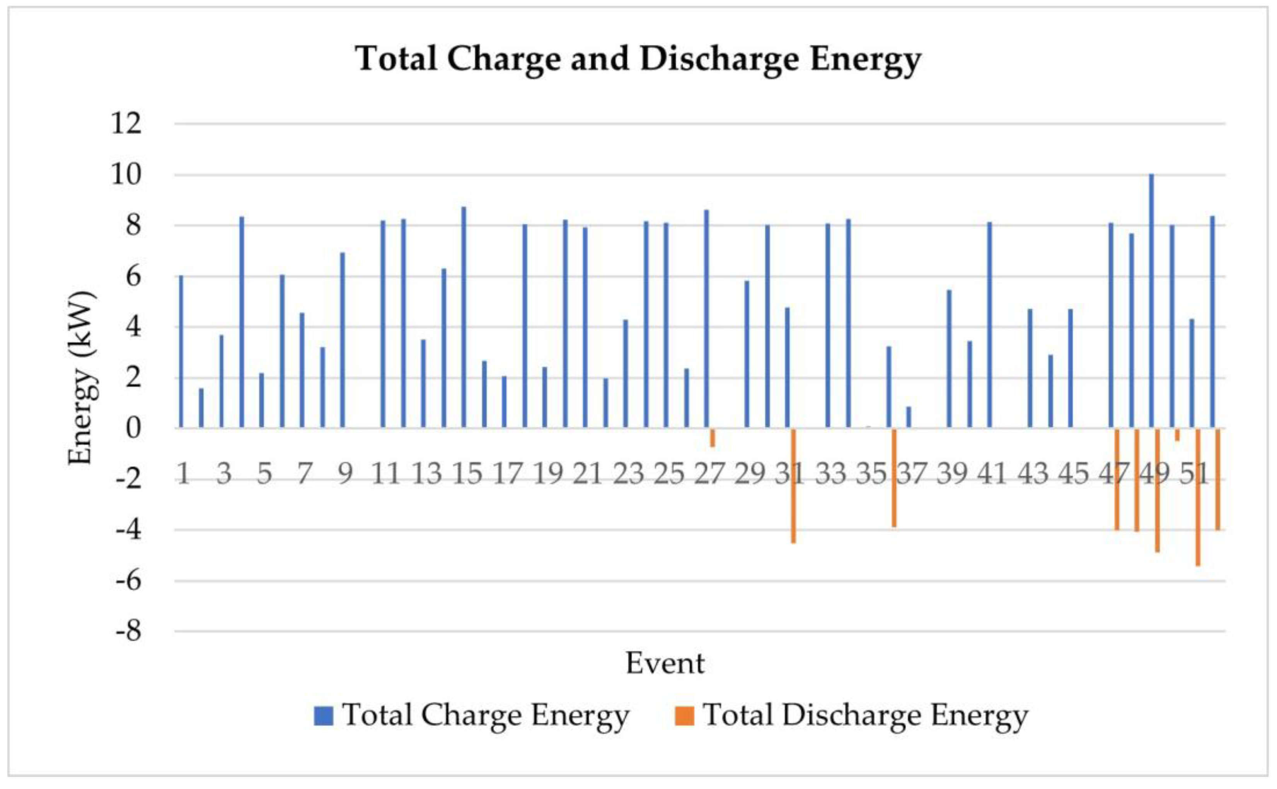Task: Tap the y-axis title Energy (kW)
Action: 82,377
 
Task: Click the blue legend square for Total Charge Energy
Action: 323,716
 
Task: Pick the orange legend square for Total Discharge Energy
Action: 684,716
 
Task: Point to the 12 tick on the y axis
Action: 126,124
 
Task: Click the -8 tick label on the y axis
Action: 128,631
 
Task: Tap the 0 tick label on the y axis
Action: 134,429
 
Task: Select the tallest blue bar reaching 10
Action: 1151,301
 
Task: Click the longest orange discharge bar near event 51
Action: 1198,497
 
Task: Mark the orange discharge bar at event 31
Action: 793,485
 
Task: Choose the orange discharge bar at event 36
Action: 894,477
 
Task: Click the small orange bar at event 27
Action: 712,437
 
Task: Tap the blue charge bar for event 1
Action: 181,352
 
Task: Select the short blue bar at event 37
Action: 909,418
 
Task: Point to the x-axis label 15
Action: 467,474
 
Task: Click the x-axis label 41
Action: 992,474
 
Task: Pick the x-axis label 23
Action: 628,474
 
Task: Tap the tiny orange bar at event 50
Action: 1177,434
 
